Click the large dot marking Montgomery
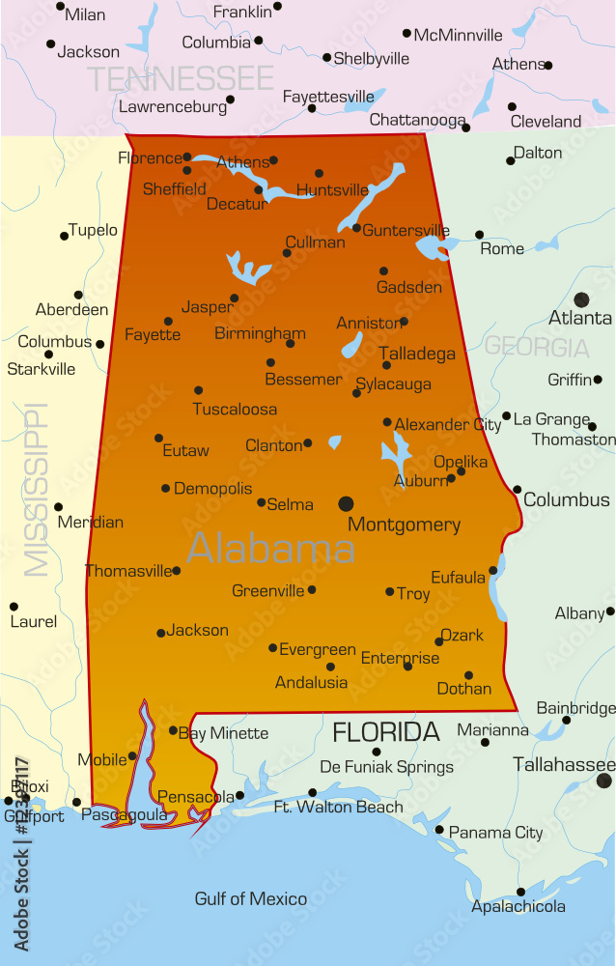[346, 503]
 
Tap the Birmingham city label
[260, 334]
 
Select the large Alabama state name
[270, 549]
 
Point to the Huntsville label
[333, 190]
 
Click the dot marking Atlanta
[581, 300]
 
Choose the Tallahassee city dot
[604, 781]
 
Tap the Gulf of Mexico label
[251, 899]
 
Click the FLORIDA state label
[386, 731]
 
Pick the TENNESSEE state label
[181, 78]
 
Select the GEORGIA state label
[536, 347]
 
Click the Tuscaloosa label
[235, 410]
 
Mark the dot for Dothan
[469, 675]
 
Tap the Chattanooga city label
[417, 120]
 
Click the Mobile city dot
[133, 755]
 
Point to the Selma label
[290, 504]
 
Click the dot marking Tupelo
[65, 236]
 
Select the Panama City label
[495, 833]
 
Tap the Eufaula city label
[458, 578]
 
